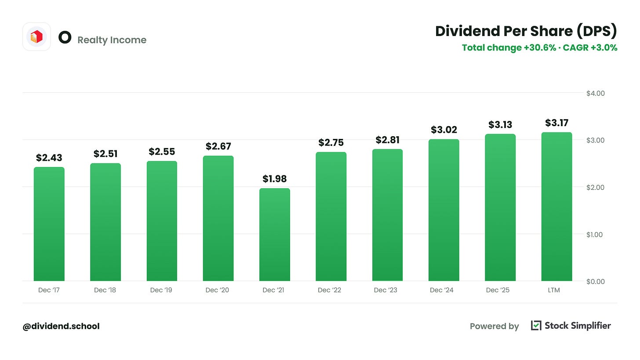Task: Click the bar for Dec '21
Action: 275,235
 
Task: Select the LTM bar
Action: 556,207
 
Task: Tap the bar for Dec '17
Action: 49,224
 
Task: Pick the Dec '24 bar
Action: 444,210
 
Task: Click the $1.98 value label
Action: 275,179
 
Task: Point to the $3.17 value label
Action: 556,123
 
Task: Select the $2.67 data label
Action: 218,146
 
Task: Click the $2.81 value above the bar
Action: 387,140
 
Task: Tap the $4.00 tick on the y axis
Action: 596,94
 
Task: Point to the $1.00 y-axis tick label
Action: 594,235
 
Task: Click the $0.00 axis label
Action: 596,282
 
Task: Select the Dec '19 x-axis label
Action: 161,290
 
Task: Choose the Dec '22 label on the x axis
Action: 329,290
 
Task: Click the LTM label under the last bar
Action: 554,290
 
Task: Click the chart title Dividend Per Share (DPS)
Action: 526,31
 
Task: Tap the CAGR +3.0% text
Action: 590,47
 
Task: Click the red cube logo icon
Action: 36,37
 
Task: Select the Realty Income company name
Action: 112,40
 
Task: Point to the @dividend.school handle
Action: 61,326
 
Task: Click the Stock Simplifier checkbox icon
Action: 536,325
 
